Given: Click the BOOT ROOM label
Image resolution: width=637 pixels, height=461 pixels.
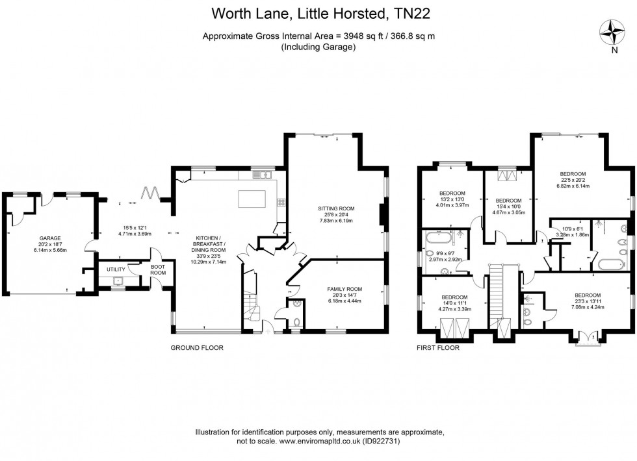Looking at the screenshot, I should pyautogui.click(x=159, y=269).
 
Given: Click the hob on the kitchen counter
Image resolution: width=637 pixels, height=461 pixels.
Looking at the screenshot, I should pyautogui.click(x=281, y=202).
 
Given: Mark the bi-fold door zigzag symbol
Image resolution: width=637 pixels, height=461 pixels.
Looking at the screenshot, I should pyautogui.click(x=151, y=193).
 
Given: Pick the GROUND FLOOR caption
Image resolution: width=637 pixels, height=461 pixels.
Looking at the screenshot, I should pyautogui.click(x=196, y=348).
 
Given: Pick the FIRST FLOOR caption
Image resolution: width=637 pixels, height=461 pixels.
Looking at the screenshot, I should pyautogui.click(x=437, y=348).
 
